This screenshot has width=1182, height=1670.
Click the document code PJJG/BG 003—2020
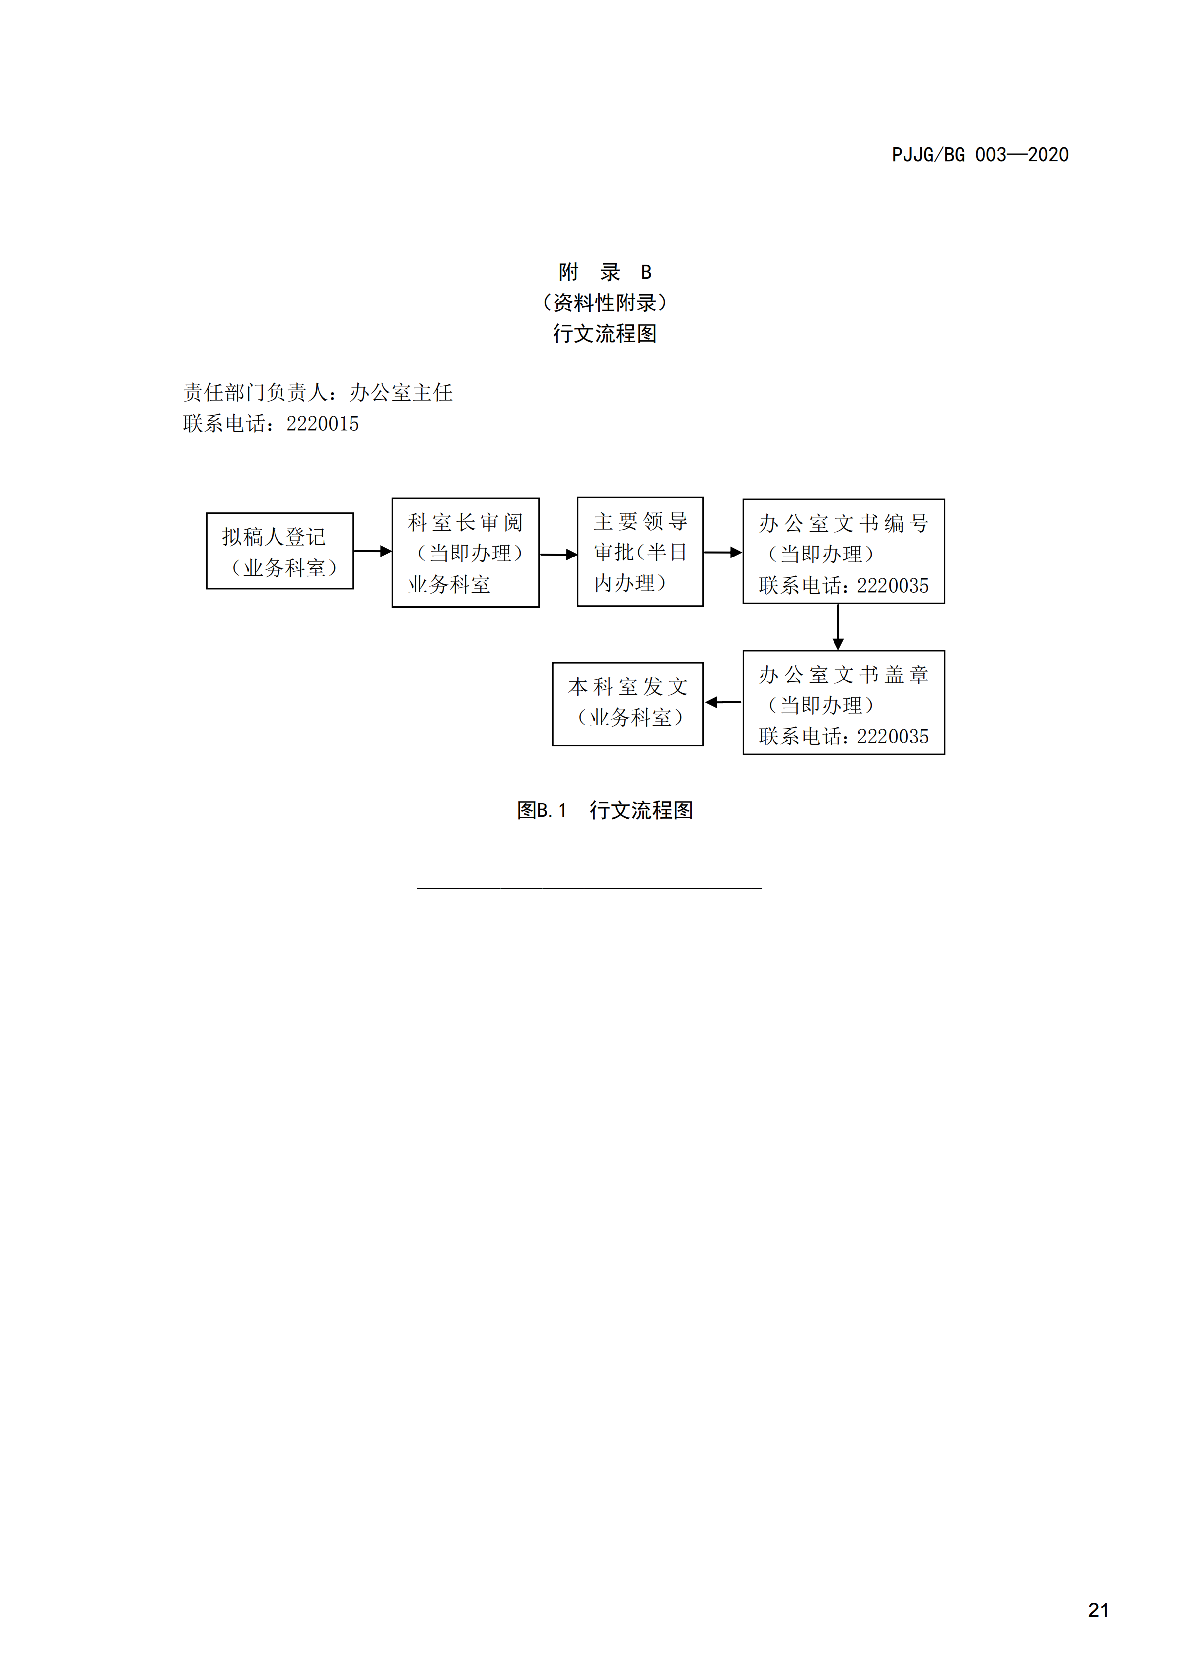point(979,155)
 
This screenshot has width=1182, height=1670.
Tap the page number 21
point(1098,1609)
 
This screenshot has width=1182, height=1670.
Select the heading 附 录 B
point(605,272)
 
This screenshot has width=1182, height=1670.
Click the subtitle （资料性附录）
point(605,303)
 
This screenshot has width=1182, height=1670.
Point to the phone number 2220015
point(322,423)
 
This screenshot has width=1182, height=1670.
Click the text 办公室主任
point(401,393)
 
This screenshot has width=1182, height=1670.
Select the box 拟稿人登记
point(280,551)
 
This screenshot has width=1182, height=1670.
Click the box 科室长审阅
point(466,552)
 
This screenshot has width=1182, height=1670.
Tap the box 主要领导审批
point(640,552)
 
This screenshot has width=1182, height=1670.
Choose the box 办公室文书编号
point(843,552)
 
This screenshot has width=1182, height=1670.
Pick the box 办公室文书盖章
point(843,703)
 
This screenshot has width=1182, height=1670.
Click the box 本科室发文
point(628,704)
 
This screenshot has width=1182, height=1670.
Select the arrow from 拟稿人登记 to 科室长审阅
point(373,551)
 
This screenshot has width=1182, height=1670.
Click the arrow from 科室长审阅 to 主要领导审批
point(558,554)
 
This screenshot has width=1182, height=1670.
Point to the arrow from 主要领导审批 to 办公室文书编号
point(723,552)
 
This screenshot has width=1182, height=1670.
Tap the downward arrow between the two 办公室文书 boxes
point(838,627)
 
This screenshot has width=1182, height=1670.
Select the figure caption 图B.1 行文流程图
point(605,810)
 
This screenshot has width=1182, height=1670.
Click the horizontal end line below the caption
point(590,887)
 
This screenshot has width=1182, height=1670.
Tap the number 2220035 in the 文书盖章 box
point(893,737)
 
